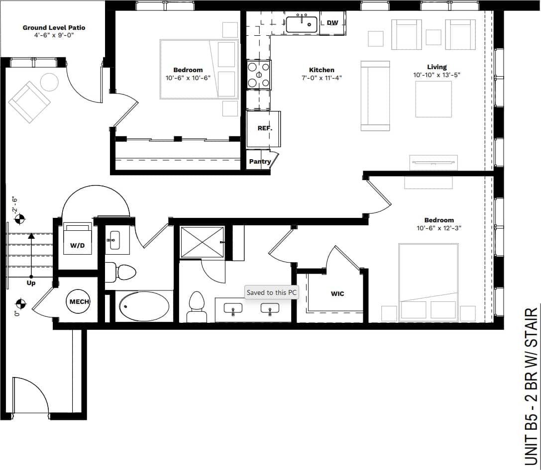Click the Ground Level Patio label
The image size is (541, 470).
click(54, 28)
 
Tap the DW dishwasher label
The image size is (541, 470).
click(332, 23)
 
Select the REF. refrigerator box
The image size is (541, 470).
click(264, 128)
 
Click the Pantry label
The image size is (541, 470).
click(260, 162)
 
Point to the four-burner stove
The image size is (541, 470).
click(259, 75)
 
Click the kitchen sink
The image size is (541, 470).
click(302, 23)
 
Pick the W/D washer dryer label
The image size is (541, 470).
click(77, 245)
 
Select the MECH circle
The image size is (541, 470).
click(79, 302)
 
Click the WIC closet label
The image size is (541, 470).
click(337, 294)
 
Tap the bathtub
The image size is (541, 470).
click(145, 306)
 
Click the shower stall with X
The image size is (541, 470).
click(202, 242)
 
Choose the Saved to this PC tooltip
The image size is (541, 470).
click(272, 292)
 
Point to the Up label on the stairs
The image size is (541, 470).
click(31, 283)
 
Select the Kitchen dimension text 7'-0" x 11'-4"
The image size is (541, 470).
click(321, 78)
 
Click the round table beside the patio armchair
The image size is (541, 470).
click(49, 82)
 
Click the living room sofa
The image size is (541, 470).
click(375, 96)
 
